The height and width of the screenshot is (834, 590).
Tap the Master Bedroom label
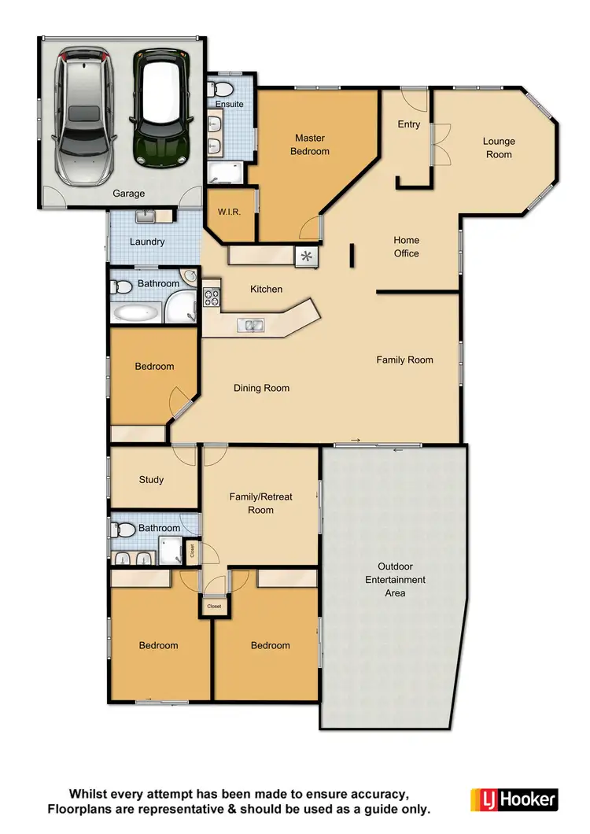[310, 145]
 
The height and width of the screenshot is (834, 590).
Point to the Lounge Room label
[499, 148]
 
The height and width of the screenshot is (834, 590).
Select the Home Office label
[407, 246]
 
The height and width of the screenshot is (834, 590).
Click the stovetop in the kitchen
[212, 297]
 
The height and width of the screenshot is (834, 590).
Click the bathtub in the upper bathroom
[138, 313]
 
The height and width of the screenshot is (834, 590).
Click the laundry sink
[146, 215]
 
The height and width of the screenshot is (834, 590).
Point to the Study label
[151, 480]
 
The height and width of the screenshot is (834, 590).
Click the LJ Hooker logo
[514, 799]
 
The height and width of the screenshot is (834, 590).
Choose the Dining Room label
[261, 388]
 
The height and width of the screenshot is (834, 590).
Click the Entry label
[409, 124]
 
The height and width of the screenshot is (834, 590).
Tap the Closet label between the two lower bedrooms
[214, 607]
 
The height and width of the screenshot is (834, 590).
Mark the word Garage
[128, 194]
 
